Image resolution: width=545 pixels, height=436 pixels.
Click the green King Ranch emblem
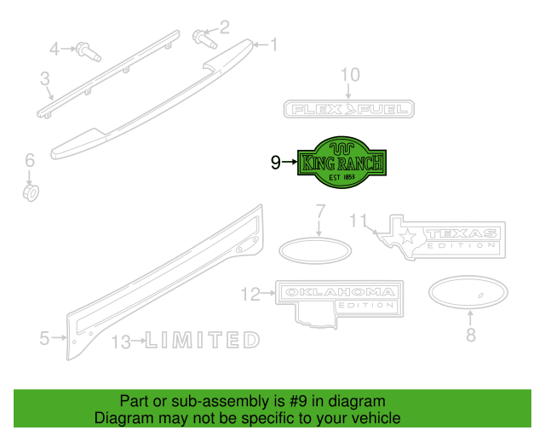point(342,163)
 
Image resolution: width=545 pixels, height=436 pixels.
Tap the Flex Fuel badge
point(349,109)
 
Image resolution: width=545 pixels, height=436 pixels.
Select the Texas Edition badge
point(442,238)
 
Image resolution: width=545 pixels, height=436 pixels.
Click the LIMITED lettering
point(203,340)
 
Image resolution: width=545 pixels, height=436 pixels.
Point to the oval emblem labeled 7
point(315,250)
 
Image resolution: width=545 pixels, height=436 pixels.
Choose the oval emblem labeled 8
point(468,292)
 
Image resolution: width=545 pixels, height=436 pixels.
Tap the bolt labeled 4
point(89,52)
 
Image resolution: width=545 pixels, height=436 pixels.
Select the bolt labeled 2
point(204,39)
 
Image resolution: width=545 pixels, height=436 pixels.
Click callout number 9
point(276,162)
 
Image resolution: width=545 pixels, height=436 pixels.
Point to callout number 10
point(350,75)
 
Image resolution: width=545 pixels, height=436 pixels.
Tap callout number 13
point(121,342)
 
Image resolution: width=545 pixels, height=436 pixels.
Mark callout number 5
point(44,338)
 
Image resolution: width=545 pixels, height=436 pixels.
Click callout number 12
point(250,294)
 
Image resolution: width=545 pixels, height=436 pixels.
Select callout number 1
point(274,45)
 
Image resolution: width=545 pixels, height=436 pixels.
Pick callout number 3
point(45,78)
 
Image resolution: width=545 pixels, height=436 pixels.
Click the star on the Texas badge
point(408,236)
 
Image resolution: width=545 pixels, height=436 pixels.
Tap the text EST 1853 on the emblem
point(342,177)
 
